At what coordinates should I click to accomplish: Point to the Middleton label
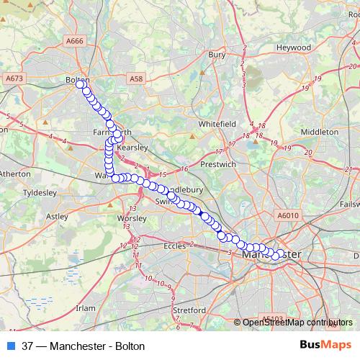pyautogui.click(x=319, y=132)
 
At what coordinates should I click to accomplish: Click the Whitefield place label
pyautogui.click(x=218, y=124)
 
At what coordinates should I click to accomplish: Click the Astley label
pyautogui.click(x=57, y=215)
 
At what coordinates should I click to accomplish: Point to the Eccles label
pyautogui.click(x=175, y=246)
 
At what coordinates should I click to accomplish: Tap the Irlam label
pyautogui.click(x=86, y=307)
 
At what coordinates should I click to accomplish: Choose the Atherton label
pyautogui.click(x=15, y=174)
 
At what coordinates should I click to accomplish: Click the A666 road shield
pyautogui.click(x=75, y=41)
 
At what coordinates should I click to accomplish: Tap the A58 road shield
pyautogui.click(x=137, y=78)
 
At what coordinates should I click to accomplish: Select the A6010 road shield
pyautogui.click(x=287, y=215)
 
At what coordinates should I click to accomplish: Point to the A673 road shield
pyautogui.click(x=14, y=78)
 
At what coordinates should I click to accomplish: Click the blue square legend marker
pyautogui.click(x=11, y=346)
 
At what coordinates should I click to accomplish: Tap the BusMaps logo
pyautogui.click(x=325, y=346)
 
